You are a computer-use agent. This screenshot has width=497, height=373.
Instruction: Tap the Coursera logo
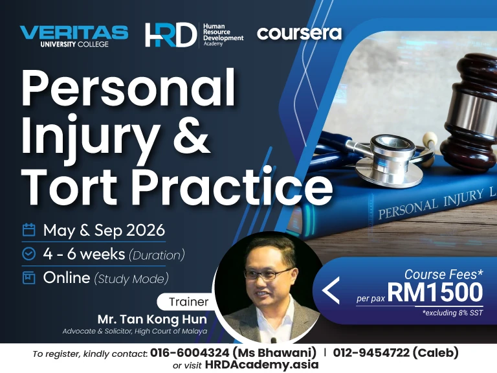(299, 32)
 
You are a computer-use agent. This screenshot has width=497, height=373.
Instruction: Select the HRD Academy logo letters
(170, 35)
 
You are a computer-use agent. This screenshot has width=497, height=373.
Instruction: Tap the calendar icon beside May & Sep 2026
(28, 230)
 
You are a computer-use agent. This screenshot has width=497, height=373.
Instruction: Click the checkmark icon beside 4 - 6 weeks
(28, 254)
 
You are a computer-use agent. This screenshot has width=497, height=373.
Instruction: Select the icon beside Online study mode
(28, 278)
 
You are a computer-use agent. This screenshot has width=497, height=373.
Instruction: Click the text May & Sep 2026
(104, 230)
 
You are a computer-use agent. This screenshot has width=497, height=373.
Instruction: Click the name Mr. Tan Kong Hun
(153, 319)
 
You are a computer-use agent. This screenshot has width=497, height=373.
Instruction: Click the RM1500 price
(435, 292)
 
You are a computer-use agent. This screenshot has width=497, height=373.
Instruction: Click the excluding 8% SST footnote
(452, 313)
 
